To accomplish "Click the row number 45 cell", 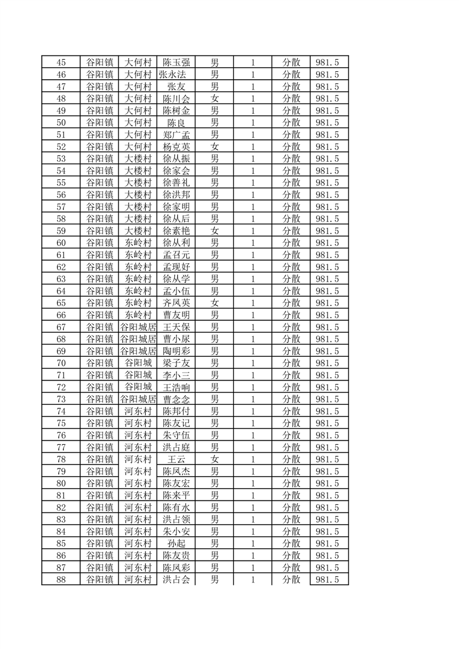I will point(61,62).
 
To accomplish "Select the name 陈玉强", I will point(176,62).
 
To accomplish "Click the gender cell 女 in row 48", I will point(215,98).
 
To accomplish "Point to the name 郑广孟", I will point(176,135).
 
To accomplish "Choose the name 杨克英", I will point(176,147).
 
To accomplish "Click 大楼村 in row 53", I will point(138,158).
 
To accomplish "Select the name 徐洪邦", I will point(176,195).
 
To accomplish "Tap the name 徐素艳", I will point(176,231).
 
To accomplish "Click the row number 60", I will point(61,243).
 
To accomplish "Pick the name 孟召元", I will point(176,255).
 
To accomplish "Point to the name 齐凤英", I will point(176,303).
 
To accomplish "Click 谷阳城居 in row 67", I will point(138,327).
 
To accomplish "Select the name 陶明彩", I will point(176,351).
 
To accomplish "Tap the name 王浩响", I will point(176,387).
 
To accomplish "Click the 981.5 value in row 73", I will point(328,399).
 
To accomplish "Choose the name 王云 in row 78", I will point(176,459).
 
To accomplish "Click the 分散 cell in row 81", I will point(291,495).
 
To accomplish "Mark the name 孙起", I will point(176,544).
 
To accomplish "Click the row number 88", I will point(61,580).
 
